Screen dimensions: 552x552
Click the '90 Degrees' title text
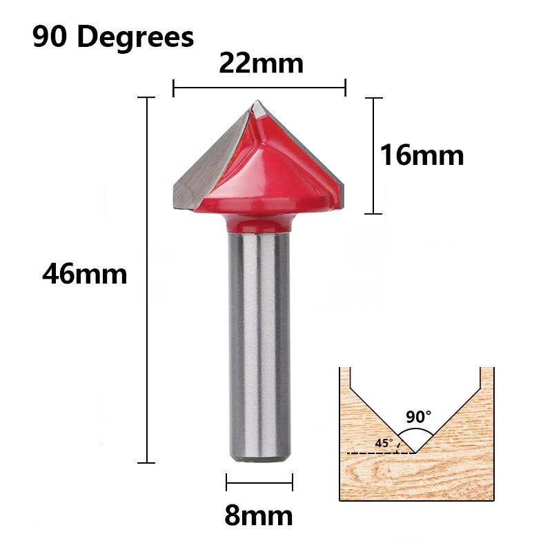pyautogui.click(x=113, y=37)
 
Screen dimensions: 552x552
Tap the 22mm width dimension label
pyautogui.click(x=261, y=63)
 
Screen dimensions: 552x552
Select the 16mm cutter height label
pyautogui.click(x=422, y=156)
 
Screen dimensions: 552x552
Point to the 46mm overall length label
pyautogui.click(x=84, y=275)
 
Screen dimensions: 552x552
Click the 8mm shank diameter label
pyautogui.click(x=259, y=515)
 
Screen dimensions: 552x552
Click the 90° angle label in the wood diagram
pyautogui.click(x=418, y=417)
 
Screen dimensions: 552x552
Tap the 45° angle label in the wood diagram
pyautogui.click(x=384, y=442)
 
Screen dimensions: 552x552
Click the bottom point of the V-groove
pyautogui.click(x=415, y=453)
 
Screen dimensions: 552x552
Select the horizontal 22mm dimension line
pyautogui.click(x=259, y=88)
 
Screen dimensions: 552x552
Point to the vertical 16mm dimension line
pyautogui.click(x=373, y=156)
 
